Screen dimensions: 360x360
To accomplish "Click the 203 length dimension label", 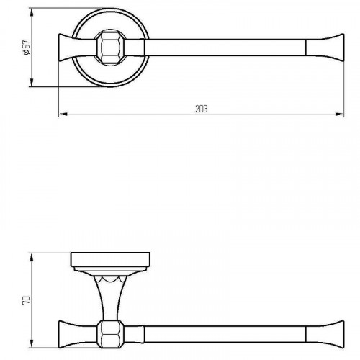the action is pos(201,109).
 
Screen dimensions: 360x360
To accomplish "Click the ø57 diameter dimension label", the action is pos(27,48).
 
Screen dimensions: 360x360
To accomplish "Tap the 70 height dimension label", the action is pos(27,300).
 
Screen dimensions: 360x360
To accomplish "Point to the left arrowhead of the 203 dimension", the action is pos(63,114).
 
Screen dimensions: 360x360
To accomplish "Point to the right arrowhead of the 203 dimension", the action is pos(340,114).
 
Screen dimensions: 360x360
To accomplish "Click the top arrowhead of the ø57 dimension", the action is pos(32,12).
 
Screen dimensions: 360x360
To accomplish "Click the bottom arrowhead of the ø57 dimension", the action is pos(32,83).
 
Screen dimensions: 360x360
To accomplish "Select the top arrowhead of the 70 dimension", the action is pos(32,257).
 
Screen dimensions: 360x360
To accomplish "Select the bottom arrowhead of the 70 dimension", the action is pos(32,343).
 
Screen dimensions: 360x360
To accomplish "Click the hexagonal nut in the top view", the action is pos(109,48).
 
